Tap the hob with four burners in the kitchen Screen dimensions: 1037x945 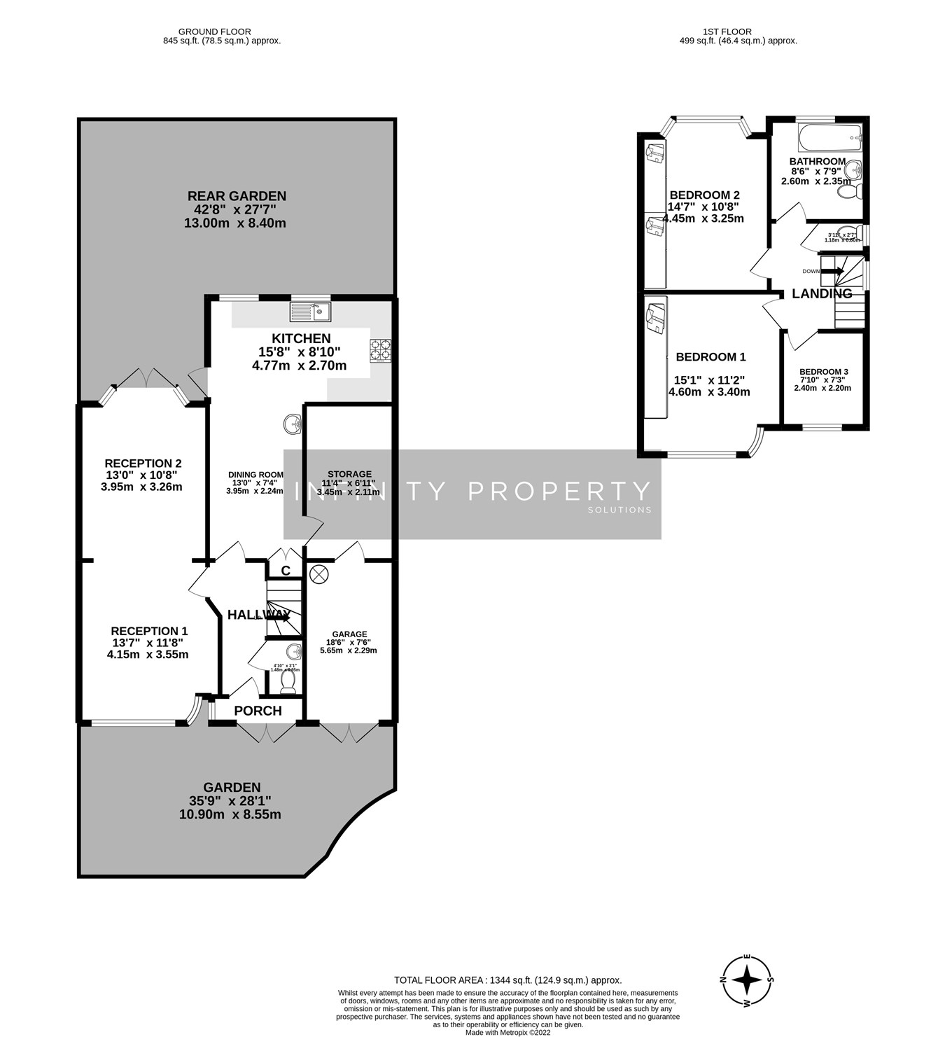coord(380,350)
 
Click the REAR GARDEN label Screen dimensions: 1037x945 coord(237,196)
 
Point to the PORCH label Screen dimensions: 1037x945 coord(258,711)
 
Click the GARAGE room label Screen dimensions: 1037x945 coord(351,634)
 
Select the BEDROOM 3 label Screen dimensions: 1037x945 coord(823,372)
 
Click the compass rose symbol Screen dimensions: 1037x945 coord(748,980)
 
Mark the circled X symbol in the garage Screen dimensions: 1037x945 coord(318,574)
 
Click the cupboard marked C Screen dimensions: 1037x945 coord(286,571)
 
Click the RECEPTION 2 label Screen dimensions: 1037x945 coord(143,463)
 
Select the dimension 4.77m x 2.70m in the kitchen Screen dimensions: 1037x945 coord(299,366)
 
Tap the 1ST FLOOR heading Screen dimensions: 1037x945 coord(727,32)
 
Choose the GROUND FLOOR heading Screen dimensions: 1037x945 coord(214,32)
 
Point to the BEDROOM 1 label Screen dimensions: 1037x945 coord(710,357)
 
